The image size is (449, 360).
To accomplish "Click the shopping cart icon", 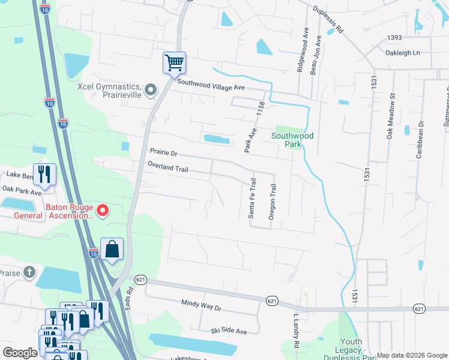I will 174,62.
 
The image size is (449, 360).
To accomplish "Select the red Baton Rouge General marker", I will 102,210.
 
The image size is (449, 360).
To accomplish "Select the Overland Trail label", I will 168,169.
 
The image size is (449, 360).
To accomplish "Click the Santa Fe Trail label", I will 253,197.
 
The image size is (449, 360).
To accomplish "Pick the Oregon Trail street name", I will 272,202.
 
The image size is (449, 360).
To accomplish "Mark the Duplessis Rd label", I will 328,19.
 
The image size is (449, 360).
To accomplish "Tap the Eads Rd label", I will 128,298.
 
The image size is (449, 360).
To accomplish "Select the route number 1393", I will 394,38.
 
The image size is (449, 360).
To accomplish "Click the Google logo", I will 20,353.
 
